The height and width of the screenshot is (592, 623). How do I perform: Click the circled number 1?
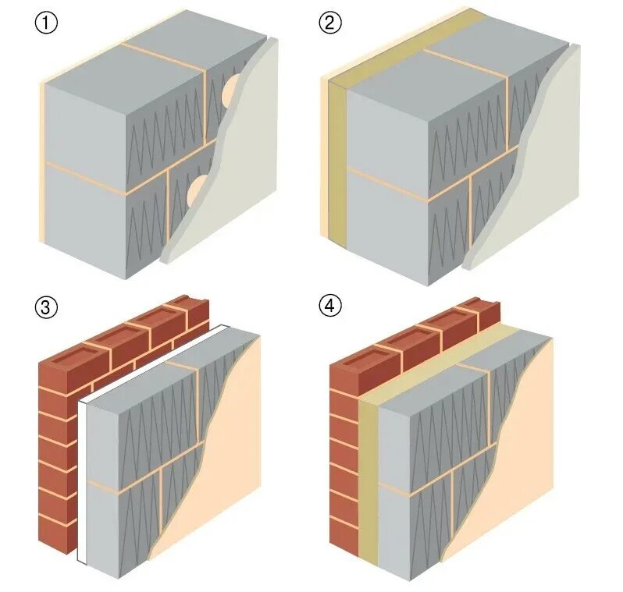pos(47,23)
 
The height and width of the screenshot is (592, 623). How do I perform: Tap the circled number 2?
pos(330,23)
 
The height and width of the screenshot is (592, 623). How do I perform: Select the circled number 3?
pos(47,307)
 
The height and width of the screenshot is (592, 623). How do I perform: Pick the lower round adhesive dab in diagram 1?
pos(195,187)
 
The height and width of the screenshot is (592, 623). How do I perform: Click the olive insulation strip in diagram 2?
pos(337,156)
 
